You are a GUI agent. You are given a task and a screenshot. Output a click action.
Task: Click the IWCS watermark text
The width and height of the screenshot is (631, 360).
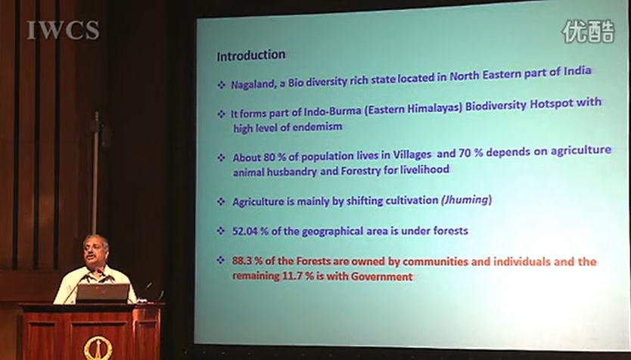(64, 30)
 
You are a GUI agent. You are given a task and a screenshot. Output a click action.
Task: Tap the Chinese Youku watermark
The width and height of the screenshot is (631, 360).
(588, 31)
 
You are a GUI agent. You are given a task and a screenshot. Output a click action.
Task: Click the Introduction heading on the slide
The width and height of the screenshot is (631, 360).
(251, 54)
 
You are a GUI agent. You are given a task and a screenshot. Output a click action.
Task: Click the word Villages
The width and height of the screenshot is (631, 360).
(412, 154)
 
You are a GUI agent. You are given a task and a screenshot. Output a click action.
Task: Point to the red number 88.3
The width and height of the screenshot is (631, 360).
(241, 261)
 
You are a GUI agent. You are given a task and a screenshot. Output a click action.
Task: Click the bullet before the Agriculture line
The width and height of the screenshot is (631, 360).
(221, 201)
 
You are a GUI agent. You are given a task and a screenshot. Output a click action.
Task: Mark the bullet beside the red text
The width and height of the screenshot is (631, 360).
(220, 260)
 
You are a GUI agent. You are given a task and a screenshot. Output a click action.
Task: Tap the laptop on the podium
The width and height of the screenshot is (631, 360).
(103, 293)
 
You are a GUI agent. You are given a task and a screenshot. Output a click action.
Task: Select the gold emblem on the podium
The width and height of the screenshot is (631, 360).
(98, 349)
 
